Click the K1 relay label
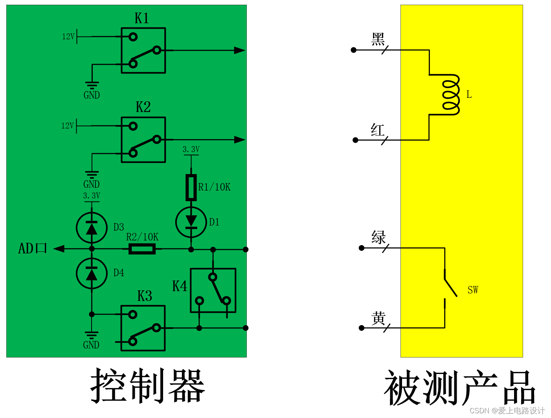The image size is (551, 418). coord(141,18)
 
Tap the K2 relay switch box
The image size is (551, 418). coord(143,139)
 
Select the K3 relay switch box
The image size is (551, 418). coord(143,328)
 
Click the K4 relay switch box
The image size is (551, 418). coord(213,290)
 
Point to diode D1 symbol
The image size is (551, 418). coord(191,222)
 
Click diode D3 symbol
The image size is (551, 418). coord(92,228)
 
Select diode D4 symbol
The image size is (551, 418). coord(92,273)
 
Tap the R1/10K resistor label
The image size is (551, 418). coord(214,187)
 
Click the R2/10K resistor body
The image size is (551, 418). coord(142,249)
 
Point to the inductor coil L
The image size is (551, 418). coord(450,95)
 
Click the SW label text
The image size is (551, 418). coord(473,290)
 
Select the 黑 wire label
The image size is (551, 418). coord(378,39)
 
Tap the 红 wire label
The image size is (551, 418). coord(378,130)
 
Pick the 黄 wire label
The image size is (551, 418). coord(378,318)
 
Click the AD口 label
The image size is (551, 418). coord(33,248)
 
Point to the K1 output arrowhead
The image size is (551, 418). coord(239,50)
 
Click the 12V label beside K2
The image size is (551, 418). coord(68,126)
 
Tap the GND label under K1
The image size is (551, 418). coord(92,95)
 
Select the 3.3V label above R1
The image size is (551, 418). coord(191,149)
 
